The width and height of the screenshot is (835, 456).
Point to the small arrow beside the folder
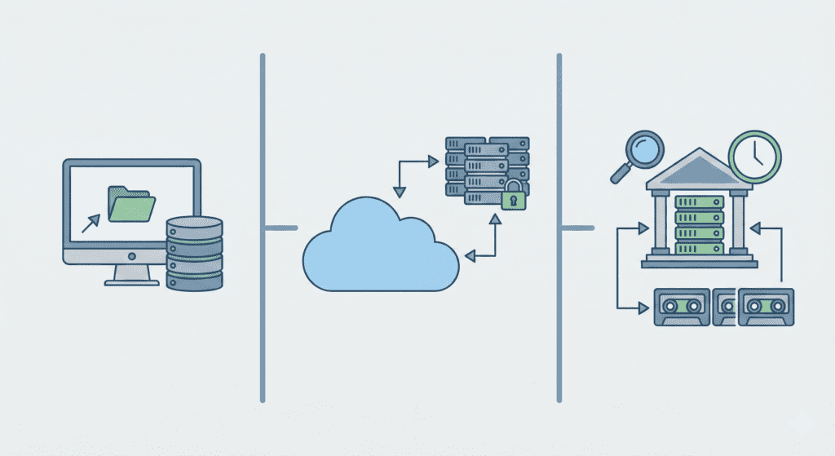tap(91, 221)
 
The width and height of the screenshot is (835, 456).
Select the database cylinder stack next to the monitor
tap(194, 253)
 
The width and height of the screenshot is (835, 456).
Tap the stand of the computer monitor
tap(131, 275)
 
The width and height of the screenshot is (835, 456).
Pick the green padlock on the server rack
tap(513, 196)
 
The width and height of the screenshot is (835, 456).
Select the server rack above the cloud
tap(485, 166)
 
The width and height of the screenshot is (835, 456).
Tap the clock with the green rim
tap(755, 154)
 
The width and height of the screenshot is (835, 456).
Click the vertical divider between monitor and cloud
tap(263, 228)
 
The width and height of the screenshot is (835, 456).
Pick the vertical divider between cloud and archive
tap(559, 228)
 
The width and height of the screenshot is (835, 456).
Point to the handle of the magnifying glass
tap(621, 172)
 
